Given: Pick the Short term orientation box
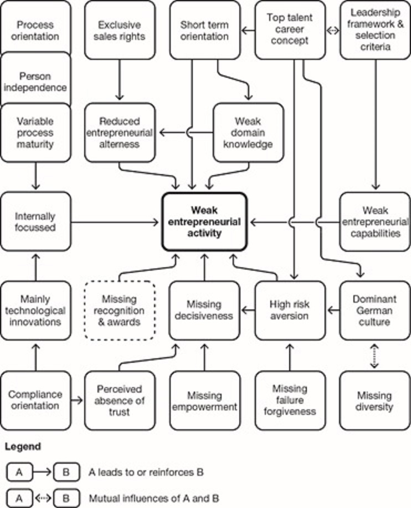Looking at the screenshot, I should tap(204, 31).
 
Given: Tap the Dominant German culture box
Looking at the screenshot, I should tap(374, 310).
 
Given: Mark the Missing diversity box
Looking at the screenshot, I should tap(374, 401).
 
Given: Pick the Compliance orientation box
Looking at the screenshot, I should tap(36, 401).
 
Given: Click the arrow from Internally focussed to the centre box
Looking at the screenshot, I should tap(116, 222).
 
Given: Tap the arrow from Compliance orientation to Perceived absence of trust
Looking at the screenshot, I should tap(78, 399).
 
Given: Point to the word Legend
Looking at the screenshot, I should tap(24, 446).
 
